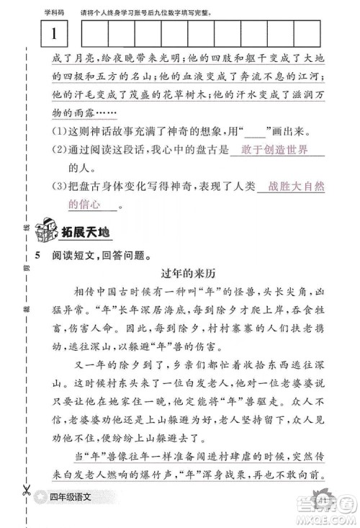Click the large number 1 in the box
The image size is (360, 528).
[54, 33]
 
